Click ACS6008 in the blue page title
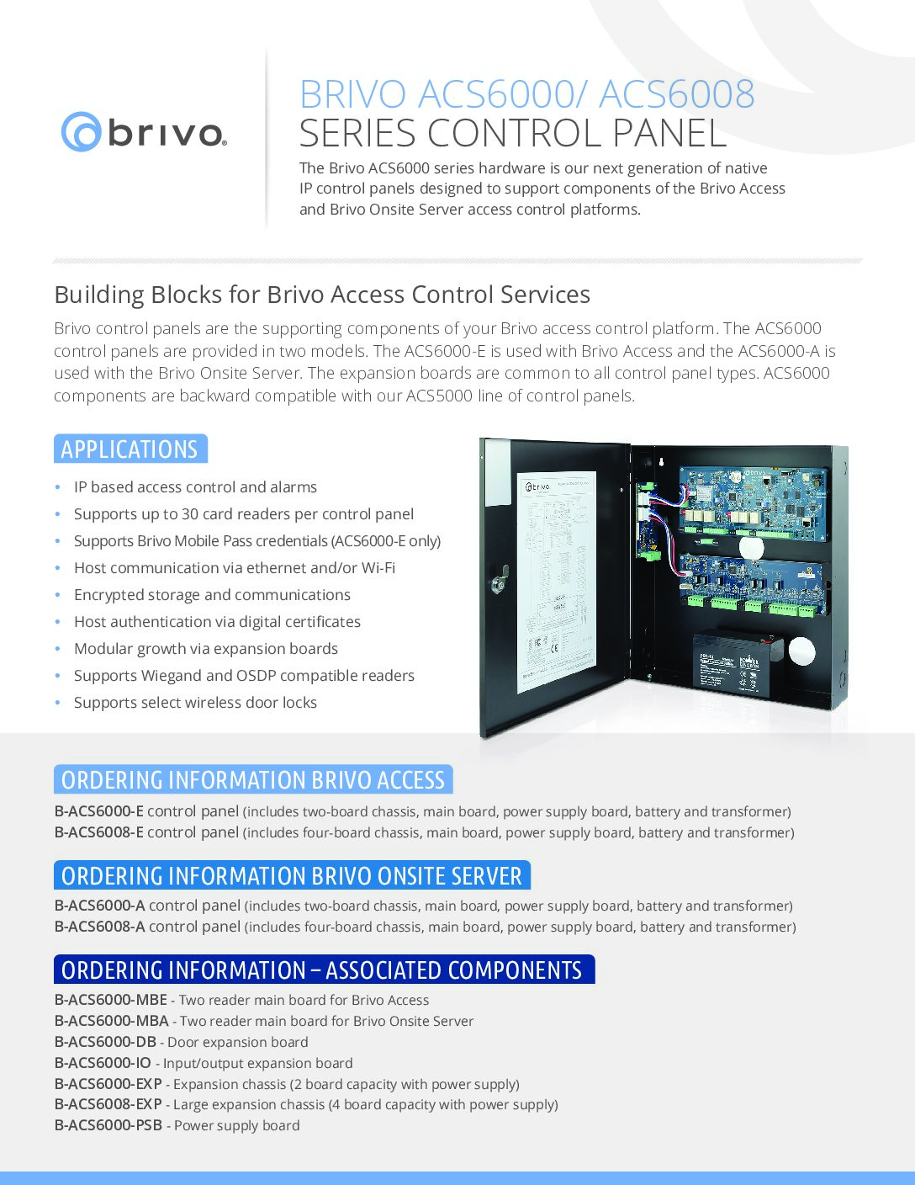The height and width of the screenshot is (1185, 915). click(676, 94)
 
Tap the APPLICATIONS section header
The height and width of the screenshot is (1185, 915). click(130, 449)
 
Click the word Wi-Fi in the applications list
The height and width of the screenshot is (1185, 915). click(378, 568)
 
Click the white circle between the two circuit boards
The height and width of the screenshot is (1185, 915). click(750, 547)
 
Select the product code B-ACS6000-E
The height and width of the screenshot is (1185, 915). click(99, 812)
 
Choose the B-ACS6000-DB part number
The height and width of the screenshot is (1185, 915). click(105, 1042)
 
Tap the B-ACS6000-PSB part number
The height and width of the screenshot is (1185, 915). click(108, 1125)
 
